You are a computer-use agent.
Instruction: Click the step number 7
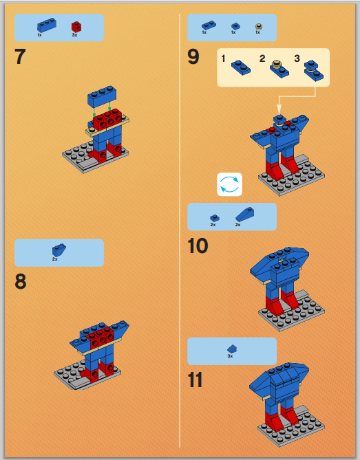[x=20, y=56]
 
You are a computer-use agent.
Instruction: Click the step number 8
[x=20, y=281]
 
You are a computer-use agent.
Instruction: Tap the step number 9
[x=193, y=56]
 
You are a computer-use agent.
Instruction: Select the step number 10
[x=198, y=245]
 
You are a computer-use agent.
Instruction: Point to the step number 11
[x=195, y=380]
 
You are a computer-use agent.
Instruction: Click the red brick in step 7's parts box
[x=76, y=27]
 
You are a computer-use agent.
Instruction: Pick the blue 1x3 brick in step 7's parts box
[x=47, y=25]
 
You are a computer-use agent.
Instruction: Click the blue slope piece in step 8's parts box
[x=59, y=250]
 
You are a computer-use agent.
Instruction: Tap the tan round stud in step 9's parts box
[x=258, y=27]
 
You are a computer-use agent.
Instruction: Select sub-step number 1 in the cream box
[x=223, y=58]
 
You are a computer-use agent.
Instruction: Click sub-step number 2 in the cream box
[x=262, y=58]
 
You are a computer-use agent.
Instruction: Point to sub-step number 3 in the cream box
[x=297, y=58]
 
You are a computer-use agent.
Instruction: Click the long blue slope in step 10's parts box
[x=244, y=214]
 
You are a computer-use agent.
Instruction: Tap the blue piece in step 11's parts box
[x=232, y=349]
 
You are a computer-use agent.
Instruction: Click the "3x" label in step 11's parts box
[x=230, y=356]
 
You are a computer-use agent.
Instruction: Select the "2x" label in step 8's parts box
[x=55, y=259]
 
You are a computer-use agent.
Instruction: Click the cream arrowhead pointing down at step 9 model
[x=279, y=110]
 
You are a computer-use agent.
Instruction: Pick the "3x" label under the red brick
[x=74, y=35]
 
